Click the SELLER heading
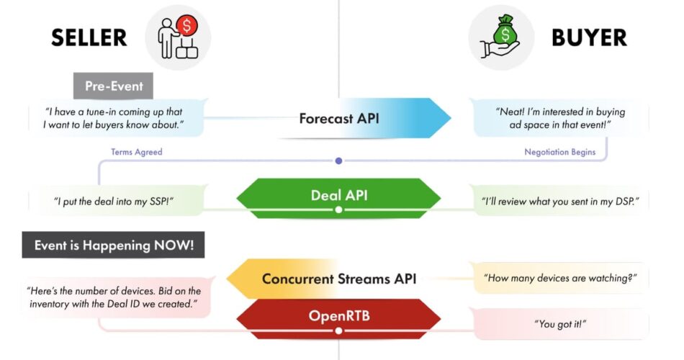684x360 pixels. click(89, 37)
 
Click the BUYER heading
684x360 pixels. click(589, 37)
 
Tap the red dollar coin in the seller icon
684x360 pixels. click(187, 26)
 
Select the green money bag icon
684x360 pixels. click(505, 30)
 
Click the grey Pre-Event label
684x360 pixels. click(114, 86)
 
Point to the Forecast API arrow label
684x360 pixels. click(339, 118)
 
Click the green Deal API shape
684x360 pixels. click(338, 197)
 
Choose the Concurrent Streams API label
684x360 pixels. click(339, 279)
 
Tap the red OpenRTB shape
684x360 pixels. click(338, 318)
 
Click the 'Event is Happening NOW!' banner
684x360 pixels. click(114, 245)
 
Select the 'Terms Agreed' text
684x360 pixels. click(137, 152)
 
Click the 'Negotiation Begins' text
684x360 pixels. click(559, 152)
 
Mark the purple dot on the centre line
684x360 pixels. click(338, 161)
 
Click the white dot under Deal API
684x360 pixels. click(338, 210)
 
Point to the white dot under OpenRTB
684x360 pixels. click(338, 330)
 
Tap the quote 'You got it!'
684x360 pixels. click(560, 324)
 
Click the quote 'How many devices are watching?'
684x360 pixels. click(560, 278)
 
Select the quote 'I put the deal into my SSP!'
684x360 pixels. click(114, 201)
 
